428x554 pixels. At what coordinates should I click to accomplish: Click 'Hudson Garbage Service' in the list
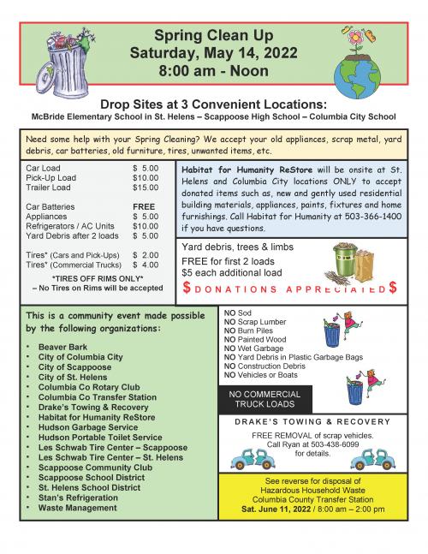(x=87, y=426)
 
